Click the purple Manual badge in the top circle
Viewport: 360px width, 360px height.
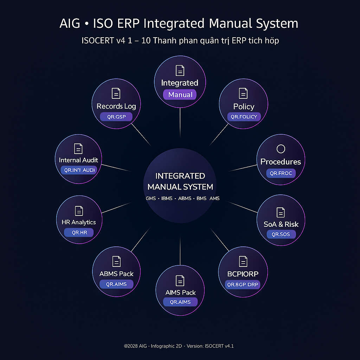coord(180,95)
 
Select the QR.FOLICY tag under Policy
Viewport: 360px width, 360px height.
coord(244,117)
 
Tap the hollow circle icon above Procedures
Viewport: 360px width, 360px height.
coord(281,149)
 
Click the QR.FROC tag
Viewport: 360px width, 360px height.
coord(281,173)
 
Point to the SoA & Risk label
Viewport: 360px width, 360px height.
coord(281,224)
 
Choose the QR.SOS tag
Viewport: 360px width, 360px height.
coord(281,234)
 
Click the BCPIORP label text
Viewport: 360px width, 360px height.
coord(243,274)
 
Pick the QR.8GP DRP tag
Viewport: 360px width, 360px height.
coord(243,284)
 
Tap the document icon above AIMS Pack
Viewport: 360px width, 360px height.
coord(180,281)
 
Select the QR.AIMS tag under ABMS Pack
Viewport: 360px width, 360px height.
coord(116,284)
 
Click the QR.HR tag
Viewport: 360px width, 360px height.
coord(79,232)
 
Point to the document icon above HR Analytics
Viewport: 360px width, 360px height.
coord(79,211)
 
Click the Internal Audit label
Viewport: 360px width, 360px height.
coord(78,160)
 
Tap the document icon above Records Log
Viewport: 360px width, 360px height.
coord(116,93)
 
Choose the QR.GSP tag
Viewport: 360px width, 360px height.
coord(116,117)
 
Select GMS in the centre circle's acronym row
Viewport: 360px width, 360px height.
coord(151,198)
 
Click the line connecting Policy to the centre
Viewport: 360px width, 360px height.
coord(219,135)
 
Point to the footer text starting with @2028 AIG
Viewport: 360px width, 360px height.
coord(179,346)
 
